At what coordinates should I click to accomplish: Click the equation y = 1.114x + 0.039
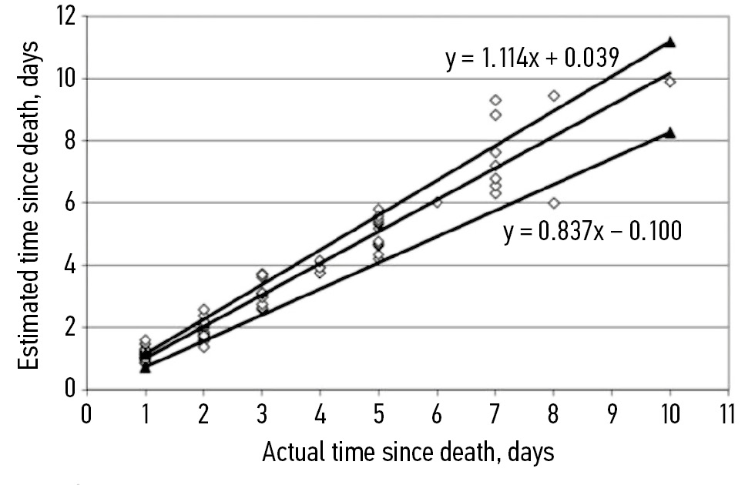[532, 59]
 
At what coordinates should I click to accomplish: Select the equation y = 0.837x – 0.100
[592, 230]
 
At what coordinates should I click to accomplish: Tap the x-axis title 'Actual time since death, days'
[408, 453]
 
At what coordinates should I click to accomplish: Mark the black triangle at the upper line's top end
[670, 42]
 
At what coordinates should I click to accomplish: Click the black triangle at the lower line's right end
[670, 132]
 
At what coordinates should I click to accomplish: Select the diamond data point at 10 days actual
[670, 82]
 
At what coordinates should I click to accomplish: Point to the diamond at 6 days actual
[437, 202]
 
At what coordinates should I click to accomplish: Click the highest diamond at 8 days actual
[553, 95]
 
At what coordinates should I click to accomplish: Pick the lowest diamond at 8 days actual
[553, 203]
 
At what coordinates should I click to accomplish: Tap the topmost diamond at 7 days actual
[495, 100]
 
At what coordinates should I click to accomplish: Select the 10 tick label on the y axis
[65, 79]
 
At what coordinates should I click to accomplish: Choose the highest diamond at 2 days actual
[203, 309]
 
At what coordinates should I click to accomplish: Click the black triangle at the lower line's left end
[145, 368]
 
